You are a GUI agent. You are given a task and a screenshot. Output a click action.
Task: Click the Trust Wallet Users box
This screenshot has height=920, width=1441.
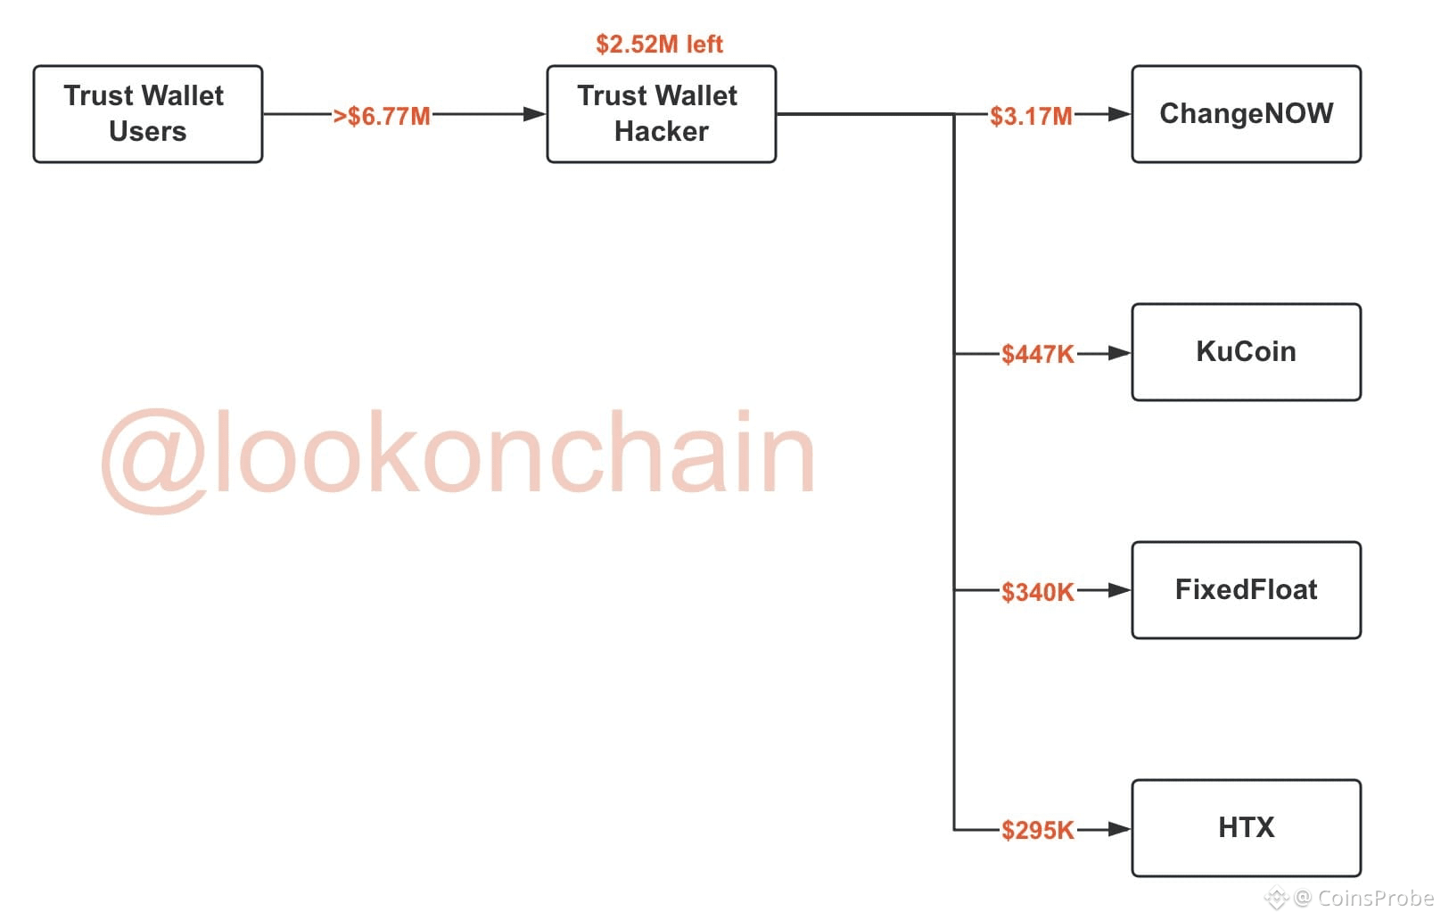coord(148,114)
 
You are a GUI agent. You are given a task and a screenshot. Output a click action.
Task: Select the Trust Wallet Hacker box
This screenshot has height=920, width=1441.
coord(661,114)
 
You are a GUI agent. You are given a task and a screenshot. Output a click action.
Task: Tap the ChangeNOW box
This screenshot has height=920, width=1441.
coord(1246,114)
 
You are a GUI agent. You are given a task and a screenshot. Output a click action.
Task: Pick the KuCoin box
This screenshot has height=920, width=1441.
coord(1246,352)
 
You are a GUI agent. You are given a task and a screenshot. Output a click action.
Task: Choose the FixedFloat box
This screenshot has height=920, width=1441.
coord(1246,590)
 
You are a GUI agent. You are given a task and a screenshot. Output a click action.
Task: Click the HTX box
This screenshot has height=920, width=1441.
coord(1246,828)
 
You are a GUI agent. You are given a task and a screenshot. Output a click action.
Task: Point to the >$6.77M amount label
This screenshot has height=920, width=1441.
coord(382,117)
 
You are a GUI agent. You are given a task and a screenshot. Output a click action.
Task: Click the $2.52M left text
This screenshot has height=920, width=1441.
coord(659,44)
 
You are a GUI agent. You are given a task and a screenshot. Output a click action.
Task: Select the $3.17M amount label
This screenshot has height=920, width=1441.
coord(1031,117)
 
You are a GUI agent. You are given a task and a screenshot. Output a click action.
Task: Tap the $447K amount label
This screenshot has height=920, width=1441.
coord(1037,355)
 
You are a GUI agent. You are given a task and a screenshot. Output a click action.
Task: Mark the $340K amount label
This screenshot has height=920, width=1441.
coord(1037,593)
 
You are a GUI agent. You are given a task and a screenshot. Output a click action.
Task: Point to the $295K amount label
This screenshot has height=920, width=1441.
coord(1037,831)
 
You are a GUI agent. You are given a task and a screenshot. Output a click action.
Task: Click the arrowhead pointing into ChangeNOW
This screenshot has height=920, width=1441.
coord(1118,114)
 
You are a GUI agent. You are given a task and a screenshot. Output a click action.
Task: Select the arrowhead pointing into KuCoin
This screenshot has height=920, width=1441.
coord(1118,353)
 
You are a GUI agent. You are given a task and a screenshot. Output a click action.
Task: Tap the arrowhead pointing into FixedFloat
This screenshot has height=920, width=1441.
coord(1118,590)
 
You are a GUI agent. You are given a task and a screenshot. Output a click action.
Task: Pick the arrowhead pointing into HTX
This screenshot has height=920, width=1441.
coord(1118,829)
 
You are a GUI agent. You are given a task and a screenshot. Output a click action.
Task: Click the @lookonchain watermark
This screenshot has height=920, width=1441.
coord(458,455)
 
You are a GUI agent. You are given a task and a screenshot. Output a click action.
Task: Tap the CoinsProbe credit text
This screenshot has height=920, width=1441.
coord(1364,898)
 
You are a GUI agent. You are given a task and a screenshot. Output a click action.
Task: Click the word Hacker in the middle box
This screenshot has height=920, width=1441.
coord(661,132)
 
